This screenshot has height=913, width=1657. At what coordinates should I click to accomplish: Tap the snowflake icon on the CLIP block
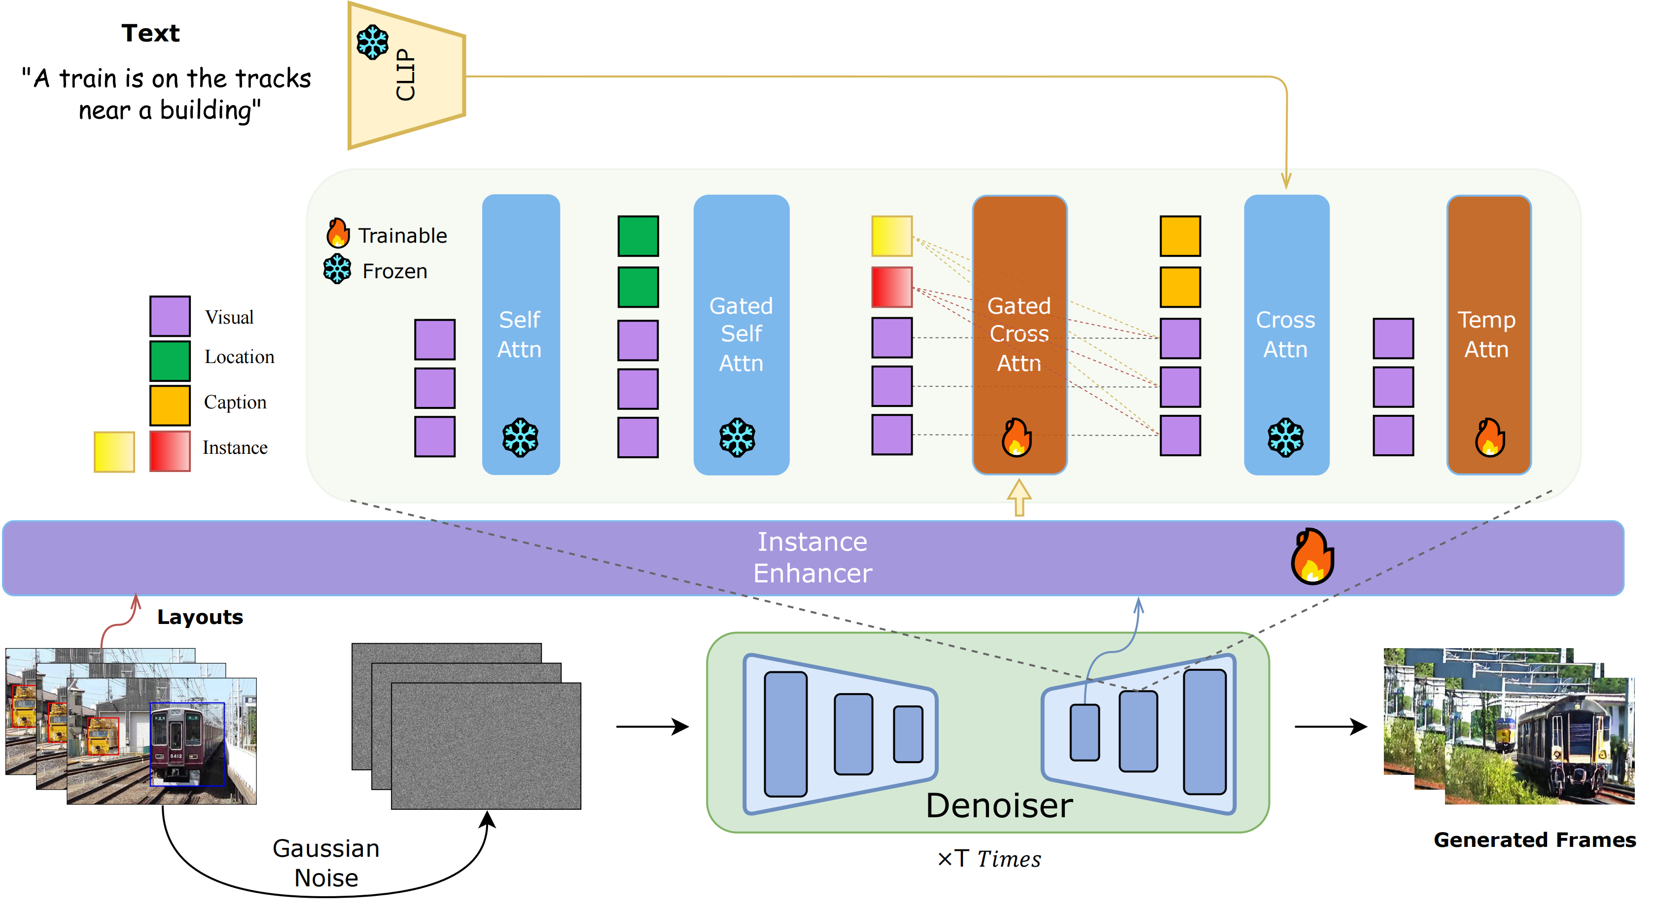point(372,42)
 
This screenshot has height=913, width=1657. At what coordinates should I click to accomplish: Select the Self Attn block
point(521,334)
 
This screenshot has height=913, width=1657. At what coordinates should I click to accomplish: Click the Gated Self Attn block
point(741,334)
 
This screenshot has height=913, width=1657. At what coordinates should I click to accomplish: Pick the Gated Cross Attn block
point(1019,334)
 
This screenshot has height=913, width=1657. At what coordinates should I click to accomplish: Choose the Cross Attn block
point(1286,334)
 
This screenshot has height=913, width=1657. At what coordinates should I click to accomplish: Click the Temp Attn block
point(1488,334)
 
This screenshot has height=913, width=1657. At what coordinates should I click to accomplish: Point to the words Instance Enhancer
point(812,557)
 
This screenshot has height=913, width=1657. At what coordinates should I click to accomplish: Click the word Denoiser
point(999,805)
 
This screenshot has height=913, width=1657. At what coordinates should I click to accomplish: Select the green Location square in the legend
point(170,361)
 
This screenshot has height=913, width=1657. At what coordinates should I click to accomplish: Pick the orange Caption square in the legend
point(170,405)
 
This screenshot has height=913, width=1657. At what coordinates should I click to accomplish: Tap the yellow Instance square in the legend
point(114,452)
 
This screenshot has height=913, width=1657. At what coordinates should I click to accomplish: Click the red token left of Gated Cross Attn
point(891,287)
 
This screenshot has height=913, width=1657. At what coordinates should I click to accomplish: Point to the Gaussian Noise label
point(326,862)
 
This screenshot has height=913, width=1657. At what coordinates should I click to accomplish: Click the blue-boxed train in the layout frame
point(186,744)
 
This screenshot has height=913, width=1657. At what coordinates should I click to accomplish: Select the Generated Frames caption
point(1534,840)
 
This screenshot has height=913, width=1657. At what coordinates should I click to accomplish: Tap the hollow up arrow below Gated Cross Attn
point(1019,497)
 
